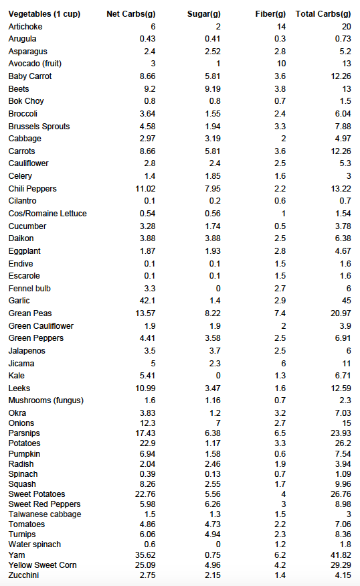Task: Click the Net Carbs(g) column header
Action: [x=130, y=14]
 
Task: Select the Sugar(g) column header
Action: [x=204, y=14]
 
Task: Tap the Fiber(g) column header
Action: [x=270, y=14]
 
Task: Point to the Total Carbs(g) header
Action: [x=323, y=14]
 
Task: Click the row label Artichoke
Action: [x=25, y=27]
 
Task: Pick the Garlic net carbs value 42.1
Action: [x=147, y=301]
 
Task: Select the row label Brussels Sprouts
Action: [x=39, y=127]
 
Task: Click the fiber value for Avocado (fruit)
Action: [x=281, y=64]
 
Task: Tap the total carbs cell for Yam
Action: [x=341, y=555]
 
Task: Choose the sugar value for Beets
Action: [x=213, y=89]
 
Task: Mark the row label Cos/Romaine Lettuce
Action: [x=48, y=214]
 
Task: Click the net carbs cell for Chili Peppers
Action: [x=145, y=189]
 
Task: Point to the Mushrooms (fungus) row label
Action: [x=46, y=400]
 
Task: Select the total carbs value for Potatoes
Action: [x=343, y=443]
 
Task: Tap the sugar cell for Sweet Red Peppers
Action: [x=213, y=504]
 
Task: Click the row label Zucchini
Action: [x=23, y=575]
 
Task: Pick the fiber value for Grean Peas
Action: [x=280, y=313]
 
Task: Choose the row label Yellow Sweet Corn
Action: [x=43, y=565]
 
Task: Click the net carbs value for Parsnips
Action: [x=145, y=433]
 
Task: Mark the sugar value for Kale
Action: [x=218, y=376]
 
